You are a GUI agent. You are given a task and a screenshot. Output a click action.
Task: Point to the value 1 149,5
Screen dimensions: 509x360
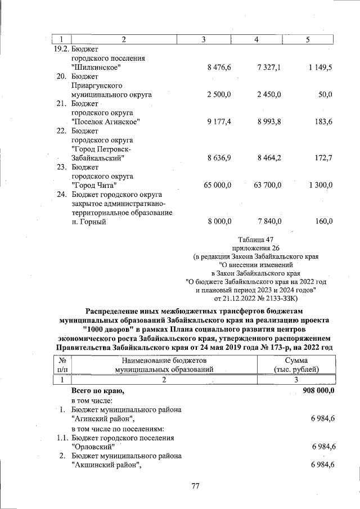(x=320, y=67)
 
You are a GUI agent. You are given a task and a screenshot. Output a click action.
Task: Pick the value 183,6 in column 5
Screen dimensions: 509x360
(x=323, y=121)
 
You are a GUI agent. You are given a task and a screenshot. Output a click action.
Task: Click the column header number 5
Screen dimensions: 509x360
(x=307, y=39)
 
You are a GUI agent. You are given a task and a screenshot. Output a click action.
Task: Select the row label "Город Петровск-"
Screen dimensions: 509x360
(x=102, y=149)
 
